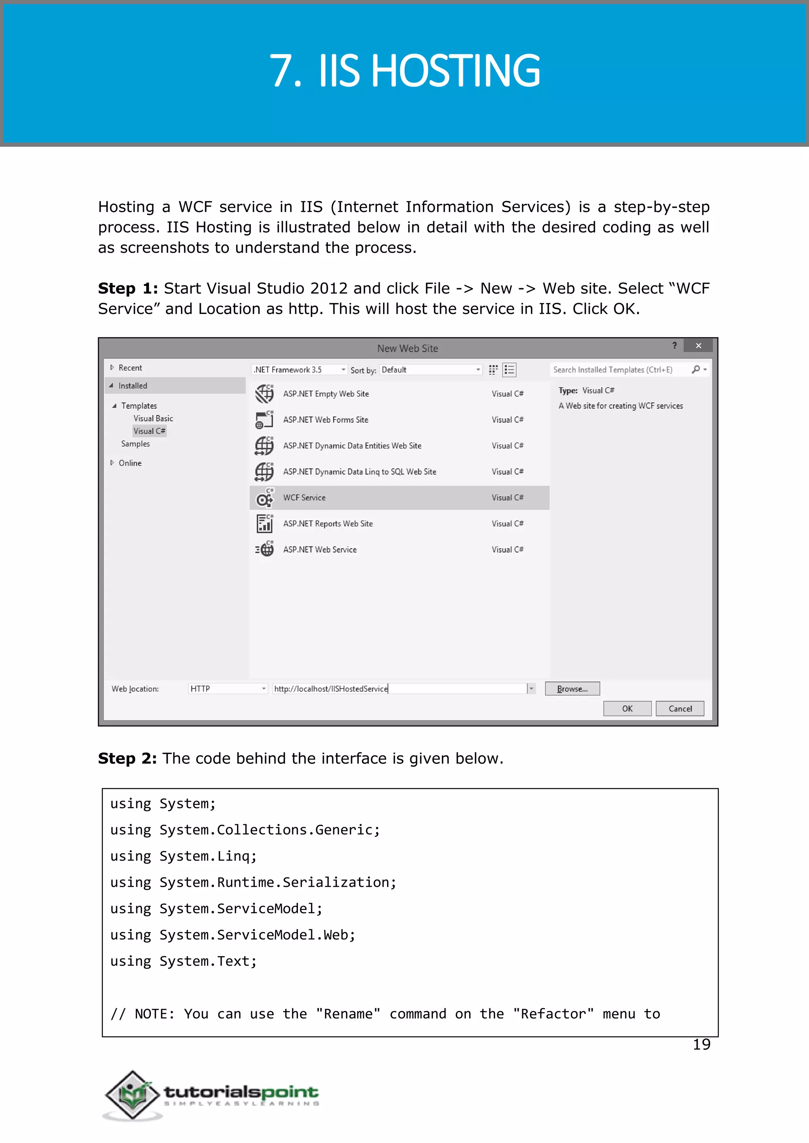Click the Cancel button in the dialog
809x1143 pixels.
679,708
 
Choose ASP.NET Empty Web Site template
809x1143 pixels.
326,393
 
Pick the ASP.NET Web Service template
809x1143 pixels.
320,549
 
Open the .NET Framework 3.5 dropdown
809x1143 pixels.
299,370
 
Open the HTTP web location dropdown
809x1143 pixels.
228,688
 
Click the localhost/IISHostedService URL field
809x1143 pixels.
399,688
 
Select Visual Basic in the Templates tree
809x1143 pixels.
153,418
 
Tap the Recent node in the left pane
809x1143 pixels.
130,368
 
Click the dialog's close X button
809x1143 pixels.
698,346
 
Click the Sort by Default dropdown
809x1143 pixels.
431,370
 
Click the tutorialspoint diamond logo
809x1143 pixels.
132,1094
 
